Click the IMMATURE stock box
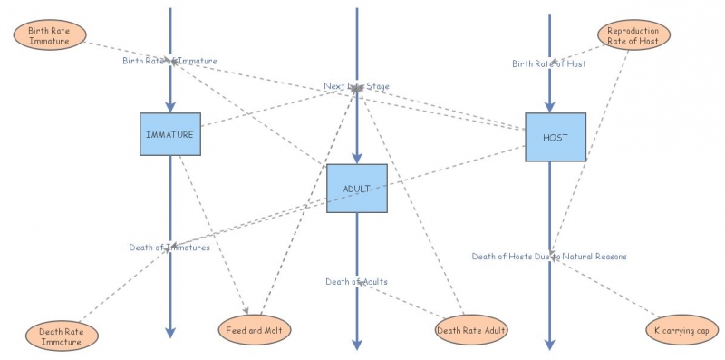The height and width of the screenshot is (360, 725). pos(169,135)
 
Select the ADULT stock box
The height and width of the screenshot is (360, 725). pos(357,189)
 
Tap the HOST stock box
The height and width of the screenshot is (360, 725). pos(556,138)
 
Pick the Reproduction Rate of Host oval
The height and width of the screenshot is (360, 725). pos(633,35)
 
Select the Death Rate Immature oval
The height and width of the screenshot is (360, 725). pos(62,336)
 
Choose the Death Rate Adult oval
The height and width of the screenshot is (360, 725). pos(471,329)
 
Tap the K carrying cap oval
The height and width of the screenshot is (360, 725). pos(681,331)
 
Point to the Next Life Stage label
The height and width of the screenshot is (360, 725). pos(357,87)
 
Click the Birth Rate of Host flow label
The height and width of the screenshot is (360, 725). pos(549,63)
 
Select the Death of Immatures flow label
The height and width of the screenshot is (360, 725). pos(169,247)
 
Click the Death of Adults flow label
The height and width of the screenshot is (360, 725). pos(357,282)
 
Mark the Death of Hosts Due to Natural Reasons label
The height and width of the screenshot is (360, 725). pos(549,257)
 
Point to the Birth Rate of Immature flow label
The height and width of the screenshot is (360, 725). pos(169,61)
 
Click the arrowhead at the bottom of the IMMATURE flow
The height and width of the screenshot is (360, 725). pos(169,333)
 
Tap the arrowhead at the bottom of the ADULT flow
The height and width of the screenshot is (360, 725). pos(357,344)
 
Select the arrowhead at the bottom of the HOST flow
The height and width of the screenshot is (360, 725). pos(549,344)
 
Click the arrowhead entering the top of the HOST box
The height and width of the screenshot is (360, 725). pos(549,108)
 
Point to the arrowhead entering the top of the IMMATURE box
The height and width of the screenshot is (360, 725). pos(169,108)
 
